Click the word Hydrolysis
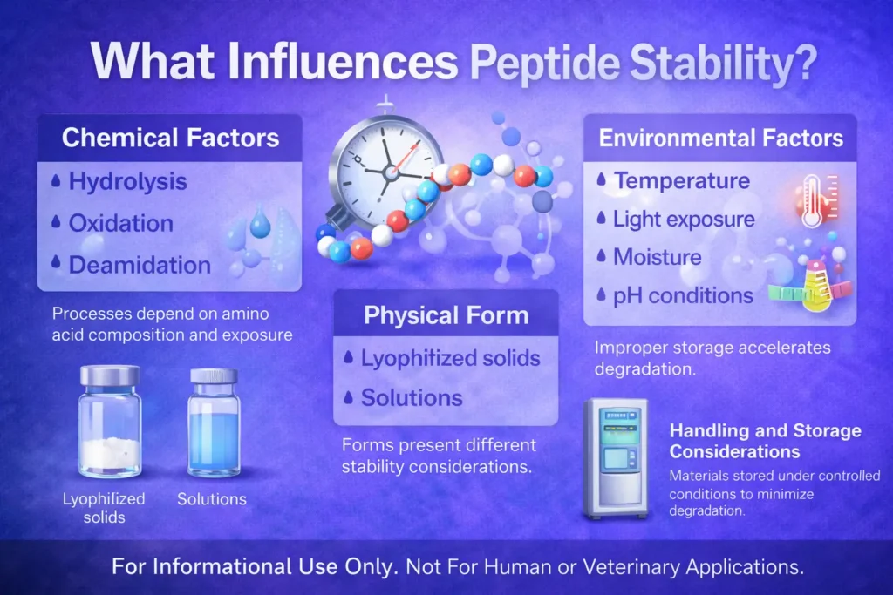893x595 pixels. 127,182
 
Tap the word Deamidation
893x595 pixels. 140,265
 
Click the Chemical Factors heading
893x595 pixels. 171,138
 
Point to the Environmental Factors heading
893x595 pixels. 720,138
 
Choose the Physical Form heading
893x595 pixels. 446,314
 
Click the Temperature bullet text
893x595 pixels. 681,181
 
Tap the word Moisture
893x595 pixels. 658,257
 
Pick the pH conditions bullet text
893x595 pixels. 683,295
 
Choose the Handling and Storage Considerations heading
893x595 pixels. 765,441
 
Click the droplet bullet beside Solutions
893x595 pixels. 350,398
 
